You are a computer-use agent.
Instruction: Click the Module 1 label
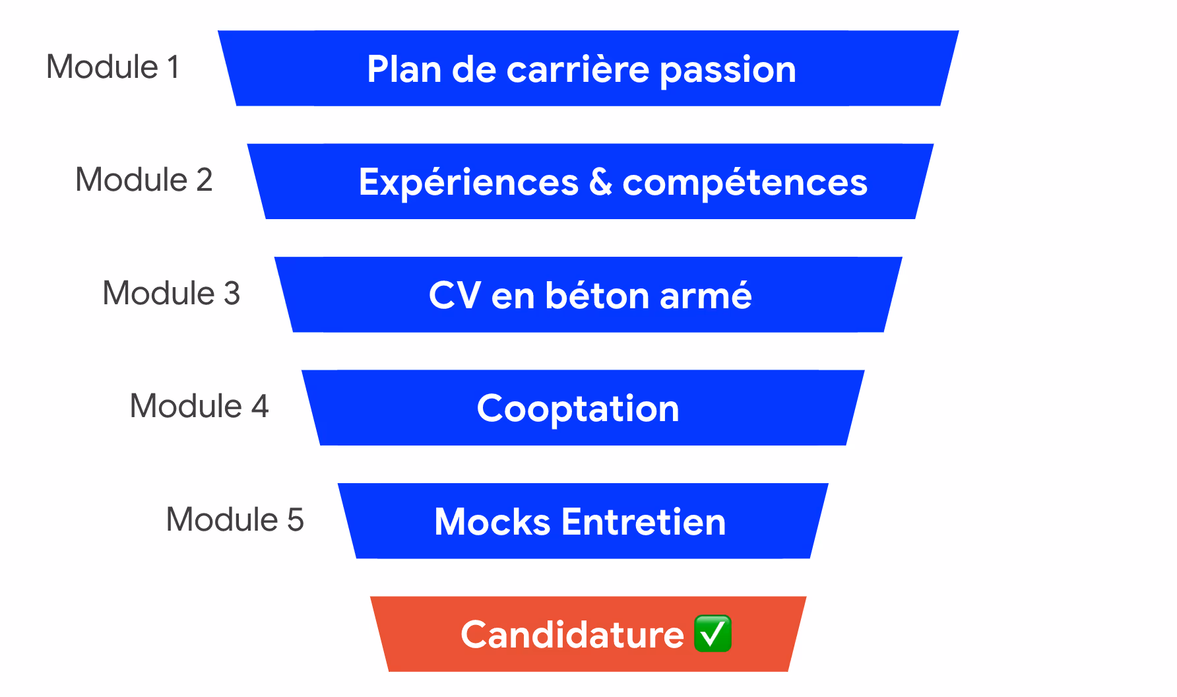click(113, 67)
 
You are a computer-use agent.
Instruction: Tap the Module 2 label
click(144, 180)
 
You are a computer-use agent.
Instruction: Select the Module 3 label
click(171, 293)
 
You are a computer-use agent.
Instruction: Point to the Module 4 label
click(199, 406)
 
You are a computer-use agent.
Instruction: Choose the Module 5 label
click(234, 519)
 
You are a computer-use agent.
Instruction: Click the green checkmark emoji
click(713, 634)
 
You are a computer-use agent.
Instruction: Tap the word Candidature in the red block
click(572, 635)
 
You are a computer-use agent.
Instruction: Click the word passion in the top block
click(728, 71)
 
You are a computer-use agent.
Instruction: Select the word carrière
click(578, 69)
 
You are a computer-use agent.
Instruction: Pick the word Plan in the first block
click(404, 69)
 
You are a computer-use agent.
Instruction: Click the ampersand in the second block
click(600, 182)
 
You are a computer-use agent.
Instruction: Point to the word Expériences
click(468, 183)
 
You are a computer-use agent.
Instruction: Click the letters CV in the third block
click(455, 295)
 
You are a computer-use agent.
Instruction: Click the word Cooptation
click(578, 409)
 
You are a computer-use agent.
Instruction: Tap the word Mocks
click(492, 522)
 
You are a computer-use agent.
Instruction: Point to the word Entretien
click(643, 522)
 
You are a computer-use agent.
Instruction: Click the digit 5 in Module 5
click(295, 520)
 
